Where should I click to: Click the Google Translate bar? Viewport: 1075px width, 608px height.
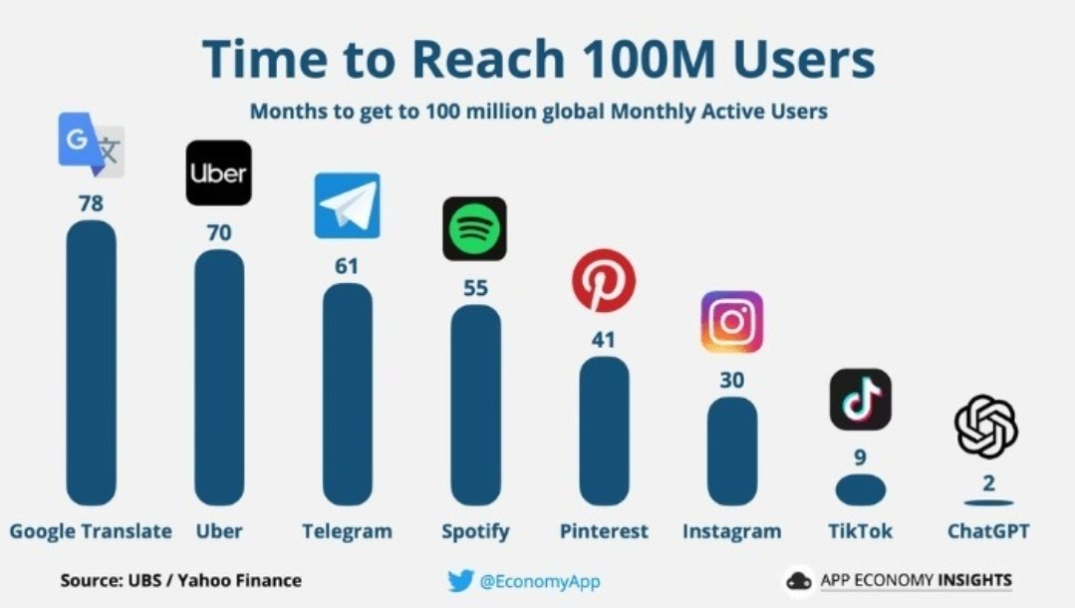[x=92, y=363]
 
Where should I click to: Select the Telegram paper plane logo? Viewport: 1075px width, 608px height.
[x=347, y=206]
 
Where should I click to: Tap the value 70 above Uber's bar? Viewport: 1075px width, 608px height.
[x=219, y=232]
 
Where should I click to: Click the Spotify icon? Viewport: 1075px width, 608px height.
[x=474, y=228]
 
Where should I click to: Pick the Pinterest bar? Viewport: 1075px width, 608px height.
[x=604, y=431]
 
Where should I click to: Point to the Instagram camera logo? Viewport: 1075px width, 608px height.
[x=732, y=322]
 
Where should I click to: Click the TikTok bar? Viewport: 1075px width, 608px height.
[x=861, y=490]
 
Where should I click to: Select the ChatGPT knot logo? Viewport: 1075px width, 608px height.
[x=986, y=427]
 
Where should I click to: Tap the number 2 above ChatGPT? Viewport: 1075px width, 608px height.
[x=988, y=483]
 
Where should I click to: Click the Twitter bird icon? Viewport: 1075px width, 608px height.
[x=460, y=580]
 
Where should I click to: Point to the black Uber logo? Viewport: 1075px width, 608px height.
[x=219, y=172]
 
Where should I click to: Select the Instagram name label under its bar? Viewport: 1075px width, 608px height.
[x=732, y=531]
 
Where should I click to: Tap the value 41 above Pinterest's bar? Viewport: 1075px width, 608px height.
[x=604, y=340]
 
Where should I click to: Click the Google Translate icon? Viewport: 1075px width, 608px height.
[x=92, y=145]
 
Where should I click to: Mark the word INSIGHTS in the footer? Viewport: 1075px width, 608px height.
[x=975, y=580]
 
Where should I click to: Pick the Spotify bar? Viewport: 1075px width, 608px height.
[x=476, y=406]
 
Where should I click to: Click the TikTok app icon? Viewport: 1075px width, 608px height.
[x=861, y=400]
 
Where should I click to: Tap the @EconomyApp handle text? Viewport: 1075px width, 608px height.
[x=540, y=582]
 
